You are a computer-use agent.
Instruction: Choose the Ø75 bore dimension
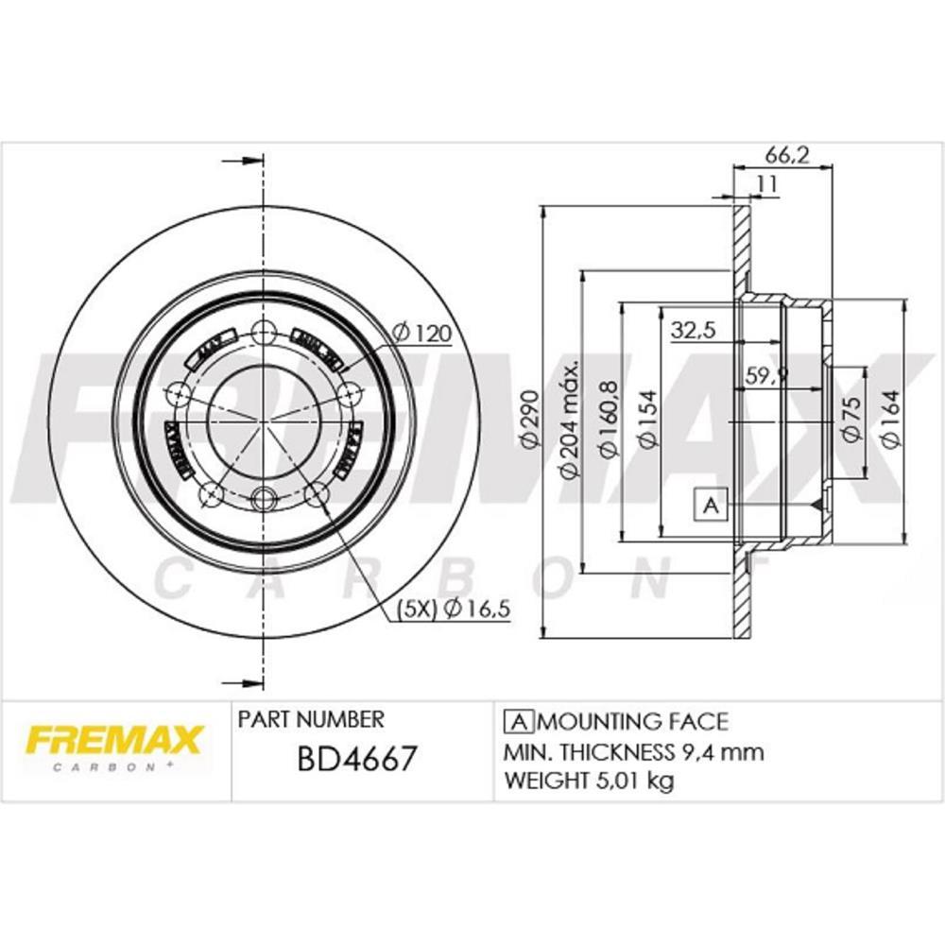849,419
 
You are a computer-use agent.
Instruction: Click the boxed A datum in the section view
712,507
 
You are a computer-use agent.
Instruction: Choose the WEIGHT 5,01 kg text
590,781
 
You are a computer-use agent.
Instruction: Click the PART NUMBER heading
311,720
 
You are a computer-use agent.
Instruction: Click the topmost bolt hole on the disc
264,331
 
